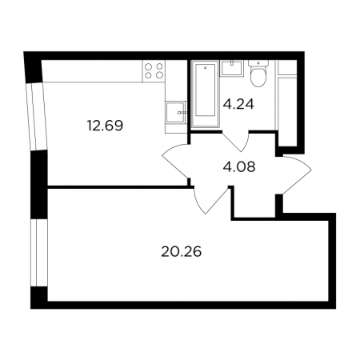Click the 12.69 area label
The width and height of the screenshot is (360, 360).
click(105, 126)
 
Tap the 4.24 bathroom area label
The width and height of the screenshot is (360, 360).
click(238, 104)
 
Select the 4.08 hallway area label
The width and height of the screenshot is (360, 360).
click(239, 167)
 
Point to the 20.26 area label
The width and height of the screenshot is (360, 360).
click(181, 252)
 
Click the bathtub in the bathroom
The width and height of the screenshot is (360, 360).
click(205, 94)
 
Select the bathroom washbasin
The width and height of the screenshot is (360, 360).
click(231, 68)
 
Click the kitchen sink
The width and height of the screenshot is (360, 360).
click(175, 112)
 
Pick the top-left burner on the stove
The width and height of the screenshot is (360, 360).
click(149, 66)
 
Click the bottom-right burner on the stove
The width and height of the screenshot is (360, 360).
click(159, 75)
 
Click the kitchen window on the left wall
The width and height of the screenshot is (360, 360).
click(37, 118)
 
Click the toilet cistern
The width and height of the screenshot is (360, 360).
click(258, 63)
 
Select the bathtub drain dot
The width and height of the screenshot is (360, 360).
click(205, 68)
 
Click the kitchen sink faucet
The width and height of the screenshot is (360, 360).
click(182, 113)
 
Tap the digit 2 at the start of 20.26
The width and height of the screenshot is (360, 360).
click(166, 252)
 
